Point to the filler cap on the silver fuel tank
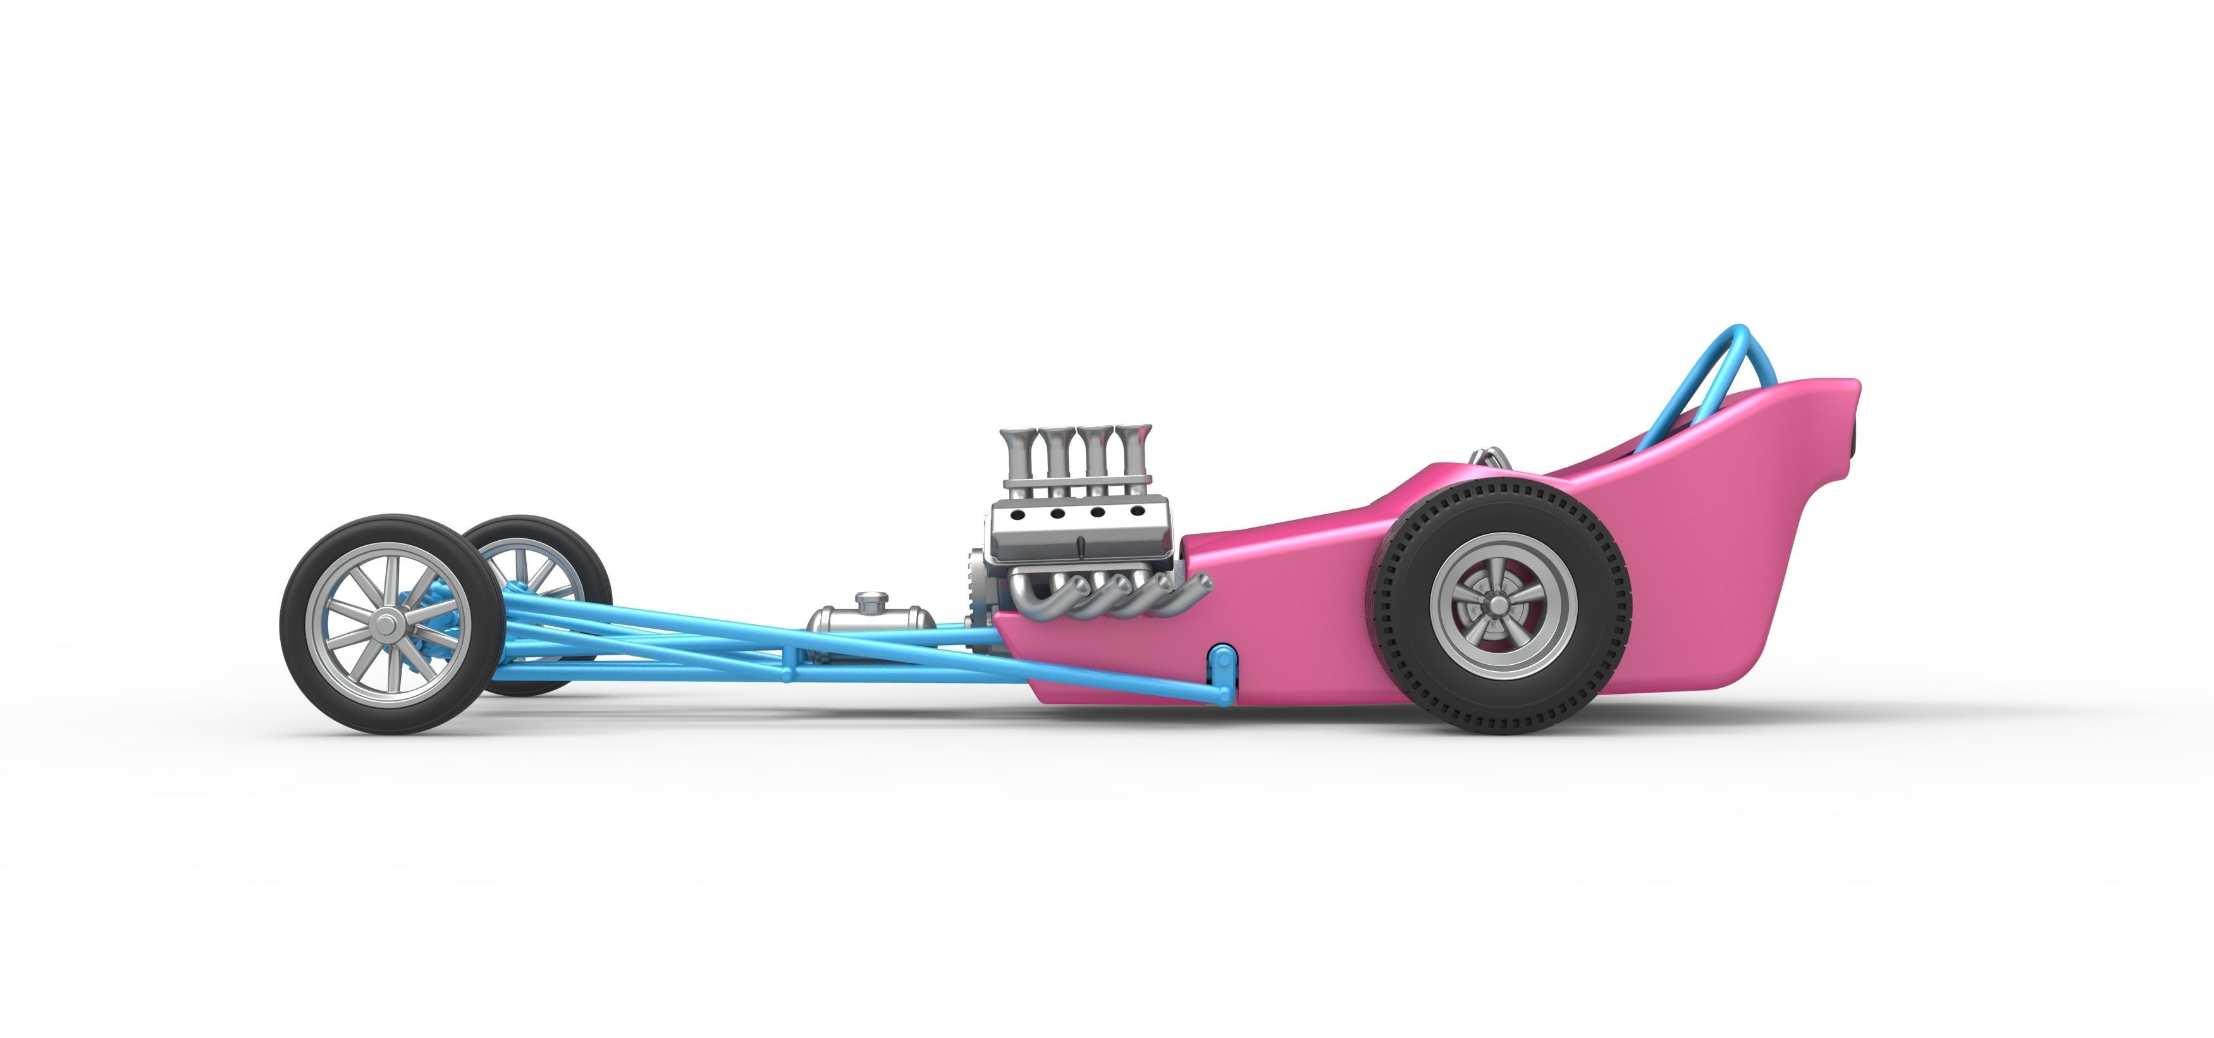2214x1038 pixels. point(870,598)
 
